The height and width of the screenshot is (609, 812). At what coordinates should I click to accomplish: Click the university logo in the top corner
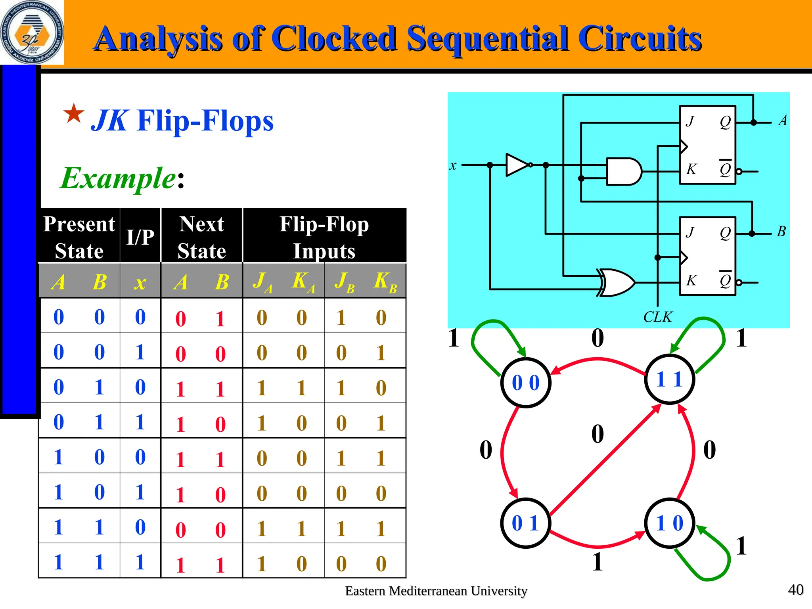click(x=32, y=33)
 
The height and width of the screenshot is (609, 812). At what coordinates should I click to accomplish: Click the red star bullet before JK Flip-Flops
click(x=74, y=114)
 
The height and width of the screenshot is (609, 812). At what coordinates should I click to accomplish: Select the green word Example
click(x=118, y=178)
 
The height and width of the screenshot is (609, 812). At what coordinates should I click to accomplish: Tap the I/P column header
click(x=140, y=237)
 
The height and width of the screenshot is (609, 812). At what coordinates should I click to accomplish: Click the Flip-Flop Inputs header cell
click(x=324, y=237)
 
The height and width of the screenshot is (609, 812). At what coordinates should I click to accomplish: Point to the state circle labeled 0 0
click(x=525, y=383)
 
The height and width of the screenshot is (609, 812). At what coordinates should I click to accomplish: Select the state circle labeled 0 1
click(x=525, y=523)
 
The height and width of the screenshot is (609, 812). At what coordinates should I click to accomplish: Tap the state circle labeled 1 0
click(x=669, y=523)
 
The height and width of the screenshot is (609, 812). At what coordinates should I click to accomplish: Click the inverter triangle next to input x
click(x=517, y=165)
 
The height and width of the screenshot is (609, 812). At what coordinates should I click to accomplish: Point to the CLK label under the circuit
click(x=657, y=317)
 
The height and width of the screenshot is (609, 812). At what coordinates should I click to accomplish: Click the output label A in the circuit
click(x=782, y=121)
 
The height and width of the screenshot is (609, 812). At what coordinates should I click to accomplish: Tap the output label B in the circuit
click(x=781, y=231)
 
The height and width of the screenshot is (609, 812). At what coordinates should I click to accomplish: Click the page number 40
click(x=795, y=590)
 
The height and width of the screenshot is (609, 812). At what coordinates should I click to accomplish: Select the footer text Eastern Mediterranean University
click(x=436, y=591)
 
